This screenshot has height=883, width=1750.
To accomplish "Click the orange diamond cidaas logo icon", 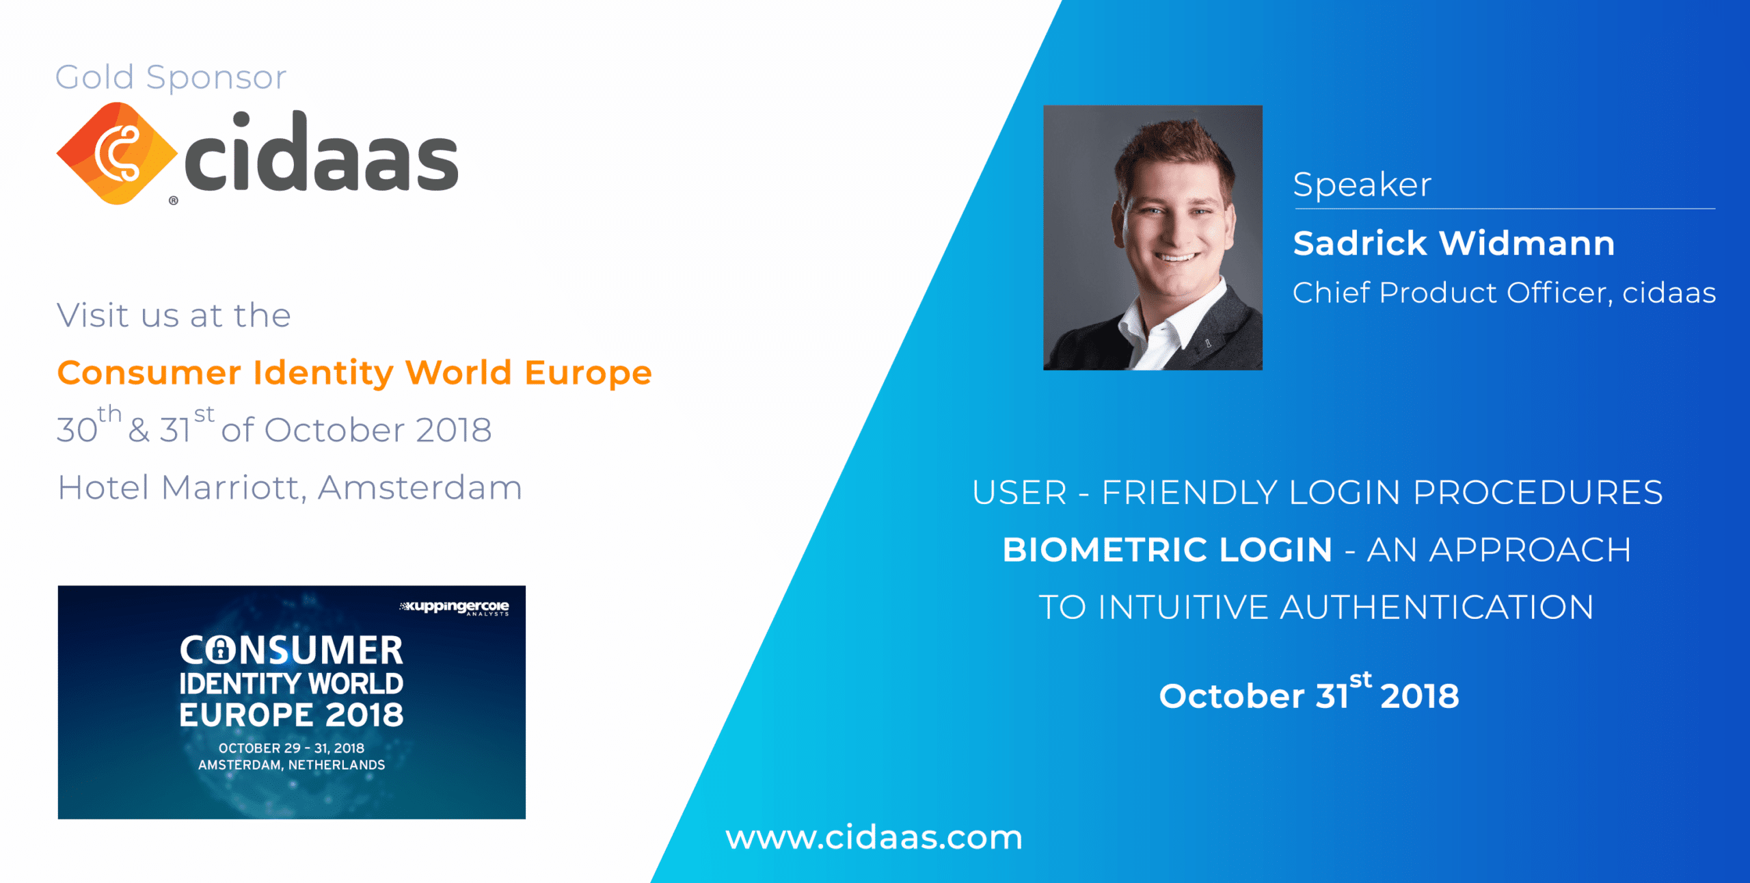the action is pos(116,153).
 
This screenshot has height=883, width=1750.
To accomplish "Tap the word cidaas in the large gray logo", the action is pos(321,151).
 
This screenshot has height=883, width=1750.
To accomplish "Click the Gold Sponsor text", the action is pos(171,77).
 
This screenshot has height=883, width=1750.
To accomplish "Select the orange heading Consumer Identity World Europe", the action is pos(354,373).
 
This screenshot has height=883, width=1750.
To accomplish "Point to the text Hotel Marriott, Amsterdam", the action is pos(290,488).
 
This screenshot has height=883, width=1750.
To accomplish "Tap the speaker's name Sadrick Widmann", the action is pos(1454,243).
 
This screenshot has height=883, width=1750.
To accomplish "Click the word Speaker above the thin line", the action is pos(1362,185).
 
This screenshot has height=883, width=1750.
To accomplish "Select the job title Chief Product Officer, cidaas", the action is pos(1504,293).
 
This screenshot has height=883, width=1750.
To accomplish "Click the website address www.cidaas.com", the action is pos(874,837).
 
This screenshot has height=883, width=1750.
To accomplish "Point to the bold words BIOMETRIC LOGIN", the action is pos(1168,550).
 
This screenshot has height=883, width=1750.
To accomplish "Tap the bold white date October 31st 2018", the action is pos(1309,693).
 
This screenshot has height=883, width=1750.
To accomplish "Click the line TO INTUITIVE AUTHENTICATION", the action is pos(1317,607).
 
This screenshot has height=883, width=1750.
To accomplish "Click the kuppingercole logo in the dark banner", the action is pos(455,607).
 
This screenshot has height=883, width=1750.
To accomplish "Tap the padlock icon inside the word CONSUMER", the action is pos(220,650).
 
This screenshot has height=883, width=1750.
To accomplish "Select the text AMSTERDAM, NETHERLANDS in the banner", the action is pos(292,765).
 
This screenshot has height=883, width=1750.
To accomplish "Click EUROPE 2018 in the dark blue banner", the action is pos(291,715).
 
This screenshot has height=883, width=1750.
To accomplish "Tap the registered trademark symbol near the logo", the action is pos(174,200).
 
